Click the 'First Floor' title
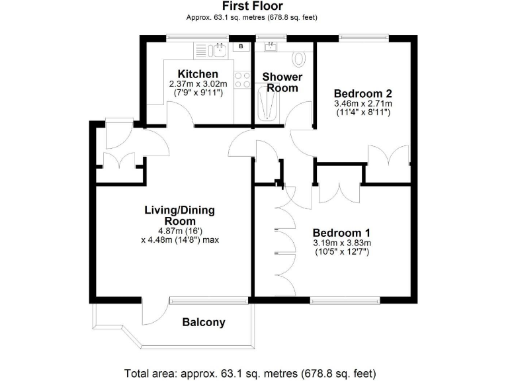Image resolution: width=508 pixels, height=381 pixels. click(x=253, y=7)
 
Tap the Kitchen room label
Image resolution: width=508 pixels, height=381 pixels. click(x=197, y=73)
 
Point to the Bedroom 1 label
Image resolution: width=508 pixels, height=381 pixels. click(x=341, y=233)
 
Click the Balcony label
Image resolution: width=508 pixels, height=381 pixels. click(x=204, y=323)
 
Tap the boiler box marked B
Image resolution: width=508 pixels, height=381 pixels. click(x=241, y=46)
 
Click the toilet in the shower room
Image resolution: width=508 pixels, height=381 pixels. click(x=299, y=59)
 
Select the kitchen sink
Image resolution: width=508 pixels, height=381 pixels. click(x=216, y=49)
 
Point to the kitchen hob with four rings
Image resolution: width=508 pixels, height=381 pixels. click(x=242, y=80)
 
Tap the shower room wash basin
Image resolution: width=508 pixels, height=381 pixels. click(x=271, y=46)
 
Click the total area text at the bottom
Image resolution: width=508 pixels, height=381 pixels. click(x=253, y=372)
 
